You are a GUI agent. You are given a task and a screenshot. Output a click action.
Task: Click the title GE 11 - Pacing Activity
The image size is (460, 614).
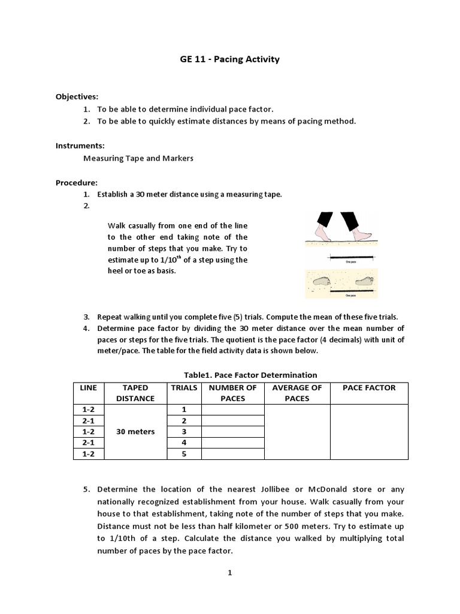(x=230, y=59)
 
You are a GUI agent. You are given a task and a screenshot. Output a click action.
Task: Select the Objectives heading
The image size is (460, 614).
(x=77, y=96)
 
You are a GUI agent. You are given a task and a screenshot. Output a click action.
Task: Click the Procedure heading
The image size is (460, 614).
(x=77, y=182)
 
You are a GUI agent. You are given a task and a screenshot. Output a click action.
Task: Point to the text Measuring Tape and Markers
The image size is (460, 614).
(x=138, y=158)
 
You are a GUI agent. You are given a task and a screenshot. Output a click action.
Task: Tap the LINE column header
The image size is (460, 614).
(x=88, y=387)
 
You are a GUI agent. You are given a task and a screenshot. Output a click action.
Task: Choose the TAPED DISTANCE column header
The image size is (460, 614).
(x=135, y=393)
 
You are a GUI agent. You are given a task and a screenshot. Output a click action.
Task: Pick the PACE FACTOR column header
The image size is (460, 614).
(x=369, y=387)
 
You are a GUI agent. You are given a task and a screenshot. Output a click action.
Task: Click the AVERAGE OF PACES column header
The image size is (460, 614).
(x=297, y=393)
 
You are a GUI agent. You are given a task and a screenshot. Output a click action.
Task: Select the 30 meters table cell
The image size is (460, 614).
(x=135, y=432)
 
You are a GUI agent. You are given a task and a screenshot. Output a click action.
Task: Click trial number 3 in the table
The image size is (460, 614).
(x=184, y=432)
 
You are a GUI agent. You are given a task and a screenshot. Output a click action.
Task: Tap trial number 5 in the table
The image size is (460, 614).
(x=184, y=454)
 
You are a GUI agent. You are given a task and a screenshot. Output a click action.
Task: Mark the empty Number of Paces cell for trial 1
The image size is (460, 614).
(x=233, y=410)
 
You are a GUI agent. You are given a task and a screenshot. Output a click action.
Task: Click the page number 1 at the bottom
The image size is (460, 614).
(x=229, y=573)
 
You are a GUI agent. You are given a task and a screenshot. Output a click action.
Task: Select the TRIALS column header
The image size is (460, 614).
(x=184, y=387)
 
